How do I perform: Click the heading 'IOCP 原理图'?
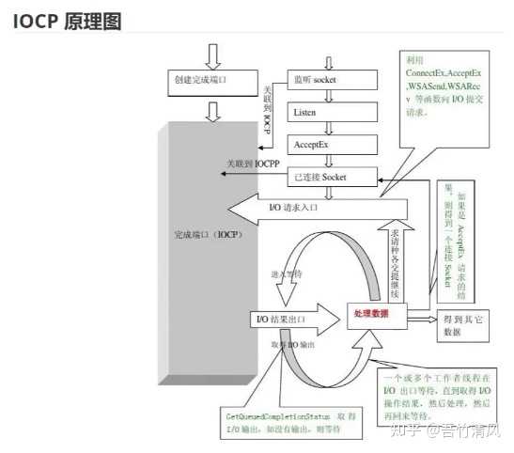click(68, 21)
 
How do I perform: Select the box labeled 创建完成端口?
click(213, 82)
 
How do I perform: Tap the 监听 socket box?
click(324, 80)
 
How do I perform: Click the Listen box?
click(319, 112)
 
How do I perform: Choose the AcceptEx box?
click(319, 144)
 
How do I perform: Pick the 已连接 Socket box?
click(329, 177)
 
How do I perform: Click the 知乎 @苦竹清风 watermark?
click(452, 433)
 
